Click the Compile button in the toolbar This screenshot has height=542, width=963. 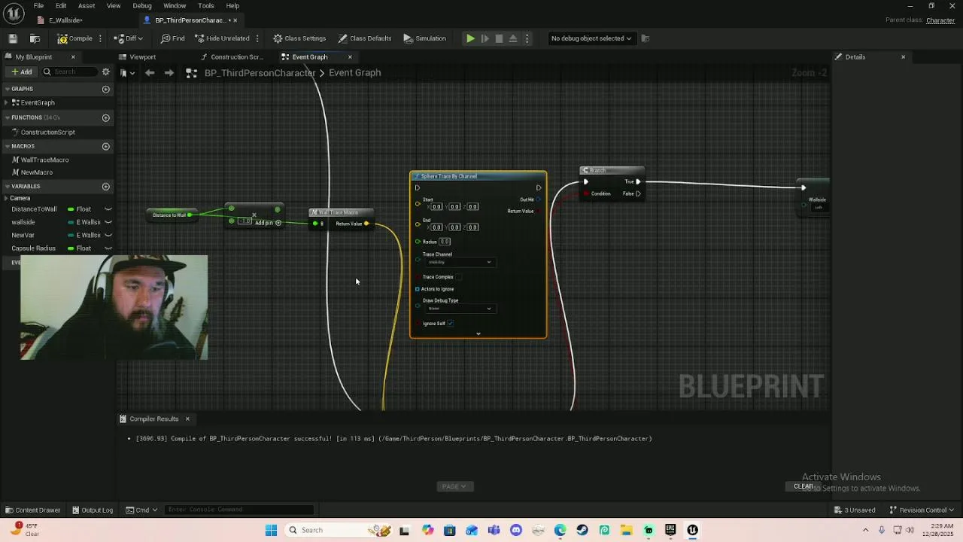75,38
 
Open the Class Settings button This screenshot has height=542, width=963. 299,38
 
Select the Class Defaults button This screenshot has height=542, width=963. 365,38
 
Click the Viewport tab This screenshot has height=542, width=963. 142,57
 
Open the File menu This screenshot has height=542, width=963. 38,5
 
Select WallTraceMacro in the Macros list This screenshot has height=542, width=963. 44,160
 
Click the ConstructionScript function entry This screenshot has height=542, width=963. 47,132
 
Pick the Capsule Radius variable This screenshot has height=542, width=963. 34,248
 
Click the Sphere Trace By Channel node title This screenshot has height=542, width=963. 449,176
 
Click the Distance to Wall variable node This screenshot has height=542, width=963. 170,215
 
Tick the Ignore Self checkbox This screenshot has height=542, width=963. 450,324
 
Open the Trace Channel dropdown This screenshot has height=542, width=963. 458,262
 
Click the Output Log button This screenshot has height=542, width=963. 93,510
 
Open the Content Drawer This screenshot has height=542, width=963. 33,510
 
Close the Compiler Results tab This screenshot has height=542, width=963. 187,419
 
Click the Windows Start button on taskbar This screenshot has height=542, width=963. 271,530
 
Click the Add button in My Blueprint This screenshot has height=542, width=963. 21,72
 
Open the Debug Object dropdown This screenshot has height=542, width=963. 591,38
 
